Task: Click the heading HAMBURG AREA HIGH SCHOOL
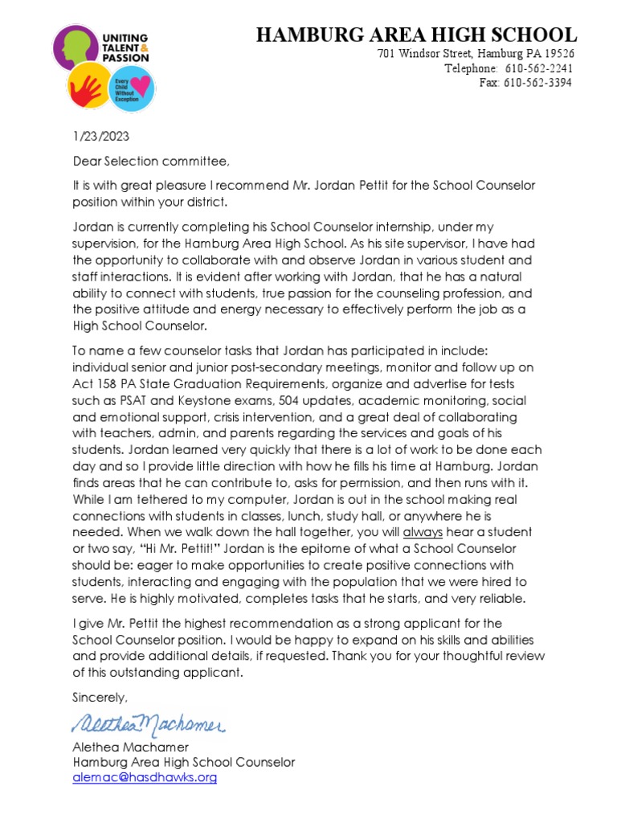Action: [x=415, y=35]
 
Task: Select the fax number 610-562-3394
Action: [x=537, y=83]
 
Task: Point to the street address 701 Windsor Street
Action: [x=427, y=54]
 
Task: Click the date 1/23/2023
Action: [x=100, y=136]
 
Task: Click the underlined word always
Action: [x=423, y=532]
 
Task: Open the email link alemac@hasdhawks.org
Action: [x=145, y=777]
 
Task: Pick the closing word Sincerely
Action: [x=100, y=696]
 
